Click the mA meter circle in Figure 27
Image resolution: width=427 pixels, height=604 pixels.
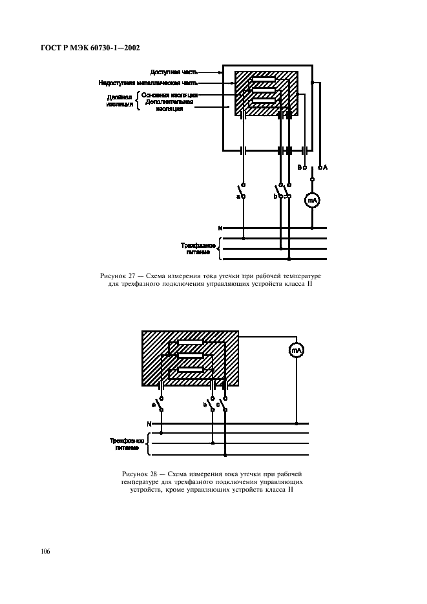click(313, 200)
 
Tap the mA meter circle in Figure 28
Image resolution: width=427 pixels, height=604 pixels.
click(296, 350)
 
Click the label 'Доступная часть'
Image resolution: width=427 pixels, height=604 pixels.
click(169, 72)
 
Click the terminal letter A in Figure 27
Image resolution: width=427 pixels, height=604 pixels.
click(325, 168)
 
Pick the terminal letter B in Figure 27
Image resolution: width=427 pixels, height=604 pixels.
click(299, 168)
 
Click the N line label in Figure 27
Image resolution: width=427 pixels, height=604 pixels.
click(220, 228)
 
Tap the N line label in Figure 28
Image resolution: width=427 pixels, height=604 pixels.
click(149, 424)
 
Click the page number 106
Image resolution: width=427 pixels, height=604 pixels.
click(45, 552)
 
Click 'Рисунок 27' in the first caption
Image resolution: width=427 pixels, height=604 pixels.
click(116, 276)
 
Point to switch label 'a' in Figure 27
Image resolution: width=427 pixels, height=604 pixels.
click(238, 196)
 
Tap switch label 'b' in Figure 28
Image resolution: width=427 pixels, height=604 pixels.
click(204, 405)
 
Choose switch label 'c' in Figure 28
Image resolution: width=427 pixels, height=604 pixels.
click(218, 405)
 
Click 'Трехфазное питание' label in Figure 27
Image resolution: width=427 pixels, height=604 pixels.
click(198, 248)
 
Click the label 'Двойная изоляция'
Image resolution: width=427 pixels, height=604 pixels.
click(120, 101)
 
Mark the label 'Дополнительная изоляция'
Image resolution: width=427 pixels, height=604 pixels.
click(170, 106)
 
